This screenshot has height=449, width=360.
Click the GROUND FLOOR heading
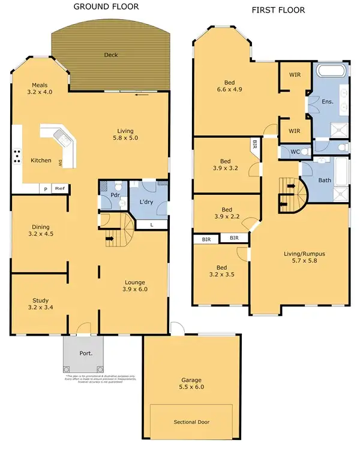(x=106, y=7)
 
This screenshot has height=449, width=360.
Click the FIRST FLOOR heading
(x=278, y=10)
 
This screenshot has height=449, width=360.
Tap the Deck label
(x=110, y=55)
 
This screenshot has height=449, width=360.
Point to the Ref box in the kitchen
(x=59, y=188)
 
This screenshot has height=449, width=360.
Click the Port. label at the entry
(x=86, y=354)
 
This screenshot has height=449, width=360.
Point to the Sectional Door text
(x=191, y=422)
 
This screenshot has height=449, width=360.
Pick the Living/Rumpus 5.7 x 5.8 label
(x=300, y=257)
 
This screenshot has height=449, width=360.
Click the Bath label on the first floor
(x=325, y=180)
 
